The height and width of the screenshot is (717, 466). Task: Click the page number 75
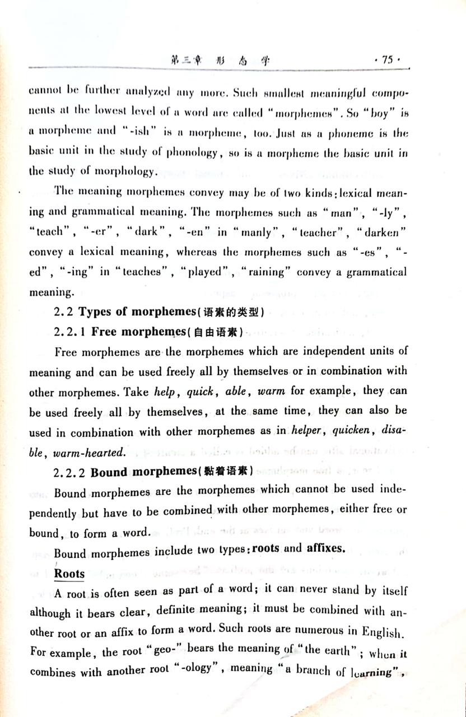tap(388, 60)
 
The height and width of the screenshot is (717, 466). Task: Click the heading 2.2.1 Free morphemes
tap(148, 332)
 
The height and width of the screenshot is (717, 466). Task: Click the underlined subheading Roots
tap(69, 574)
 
